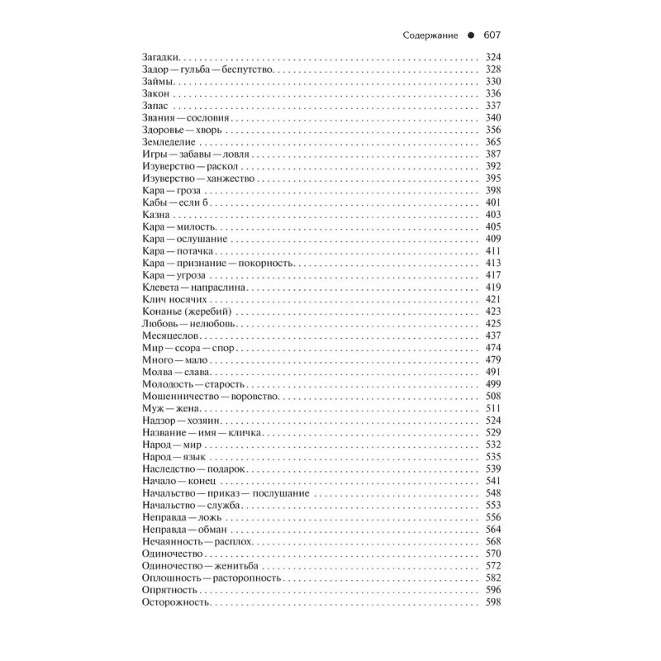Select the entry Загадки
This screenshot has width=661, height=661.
coord(156,57)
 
